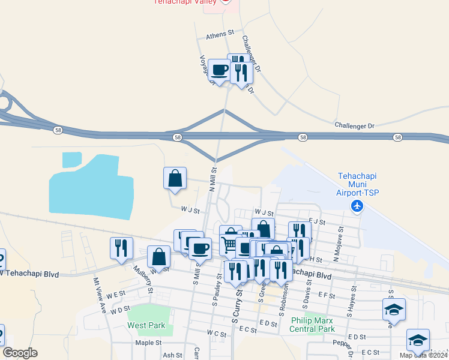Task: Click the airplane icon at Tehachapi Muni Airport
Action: (x=358, y=206)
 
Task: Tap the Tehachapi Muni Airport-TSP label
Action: (x=358, y=184)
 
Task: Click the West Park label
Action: (x=146, y=325)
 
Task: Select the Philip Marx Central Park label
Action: (x=312, y=325)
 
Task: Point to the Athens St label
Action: (x=219, y=36)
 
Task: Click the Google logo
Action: (x=20, y=353)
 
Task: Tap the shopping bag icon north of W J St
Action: (x=175, y=179)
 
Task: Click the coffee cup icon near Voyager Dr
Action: (x=219, y=70)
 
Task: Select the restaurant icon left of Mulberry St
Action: (x=121, y=248)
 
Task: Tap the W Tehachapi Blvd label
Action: (x=30, y=274)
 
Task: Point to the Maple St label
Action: (x=148, y=343)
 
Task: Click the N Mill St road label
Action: (x=212, y=179)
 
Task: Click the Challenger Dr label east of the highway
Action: (x=354, y=126)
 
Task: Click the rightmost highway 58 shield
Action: (x=398, y=137)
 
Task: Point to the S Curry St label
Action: (x=238, y=308)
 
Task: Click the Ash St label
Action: (x=172, y=355)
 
